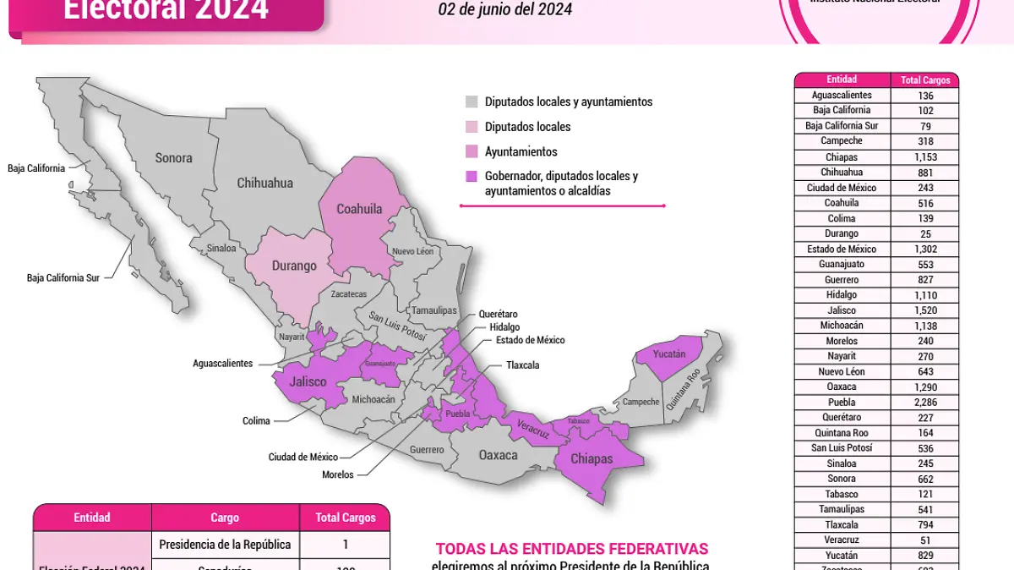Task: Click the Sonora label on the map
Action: (x=173, y=157)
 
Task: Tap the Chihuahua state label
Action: (x=264, y=183)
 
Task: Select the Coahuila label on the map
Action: (x=359, y=209)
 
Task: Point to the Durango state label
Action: (x=294, y=266)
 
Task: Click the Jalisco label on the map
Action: (x=308, y=382)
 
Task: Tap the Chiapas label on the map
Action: (x=591, y=458)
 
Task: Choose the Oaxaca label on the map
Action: (x=498, y=455)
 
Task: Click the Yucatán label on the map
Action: (x=669, y=354)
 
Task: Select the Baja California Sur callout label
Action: (x=63, y=277)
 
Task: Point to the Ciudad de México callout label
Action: (x=303, y=457)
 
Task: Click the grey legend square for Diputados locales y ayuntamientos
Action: (x=472, y=102)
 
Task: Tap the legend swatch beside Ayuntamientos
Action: (x=472, y=152)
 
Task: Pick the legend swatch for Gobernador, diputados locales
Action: (x=472, y=177)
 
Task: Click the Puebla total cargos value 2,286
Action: (x=924, y=403)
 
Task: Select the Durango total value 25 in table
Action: (x=924, y=233)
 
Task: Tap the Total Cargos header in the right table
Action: (x=924, y=80)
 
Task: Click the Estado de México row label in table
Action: (x=842, y=249)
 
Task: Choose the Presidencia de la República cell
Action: (x=225, y=544)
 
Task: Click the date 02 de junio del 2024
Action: (x=504, y=10)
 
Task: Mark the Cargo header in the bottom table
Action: (x=225, y=518)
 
